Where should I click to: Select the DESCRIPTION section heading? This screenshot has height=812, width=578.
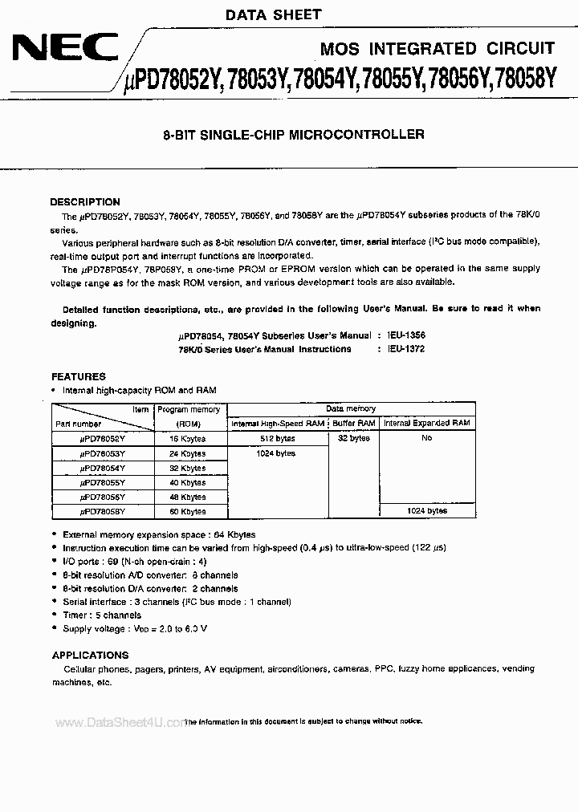point(85,202)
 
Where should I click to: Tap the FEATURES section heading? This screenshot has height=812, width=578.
point(79,376)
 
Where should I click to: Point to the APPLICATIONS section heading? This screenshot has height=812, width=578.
point(90,655)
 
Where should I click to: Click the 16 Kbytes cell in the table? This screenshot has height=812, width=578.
point(187,439)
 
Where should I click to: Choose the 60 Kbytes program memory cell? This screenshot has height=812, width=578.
point(187,511)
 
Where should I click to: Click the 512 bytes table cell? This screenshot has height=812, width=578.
point(278,439)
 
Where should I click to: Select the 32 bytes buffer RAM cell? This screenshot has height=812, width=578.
point(354,439)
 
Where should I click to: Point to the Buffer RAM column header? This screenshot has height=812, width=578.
point(354,423)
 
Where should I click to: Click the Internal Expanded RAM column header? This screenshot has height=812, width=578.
point(426,423)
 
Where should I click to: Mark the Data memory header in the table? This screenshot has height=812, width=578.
point(351,408)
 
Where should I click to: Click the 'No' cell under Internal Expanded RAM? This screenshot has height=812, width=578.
point(426,439)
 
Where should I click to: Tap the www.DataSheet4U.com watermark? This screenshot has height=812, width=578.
point(121,723)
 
